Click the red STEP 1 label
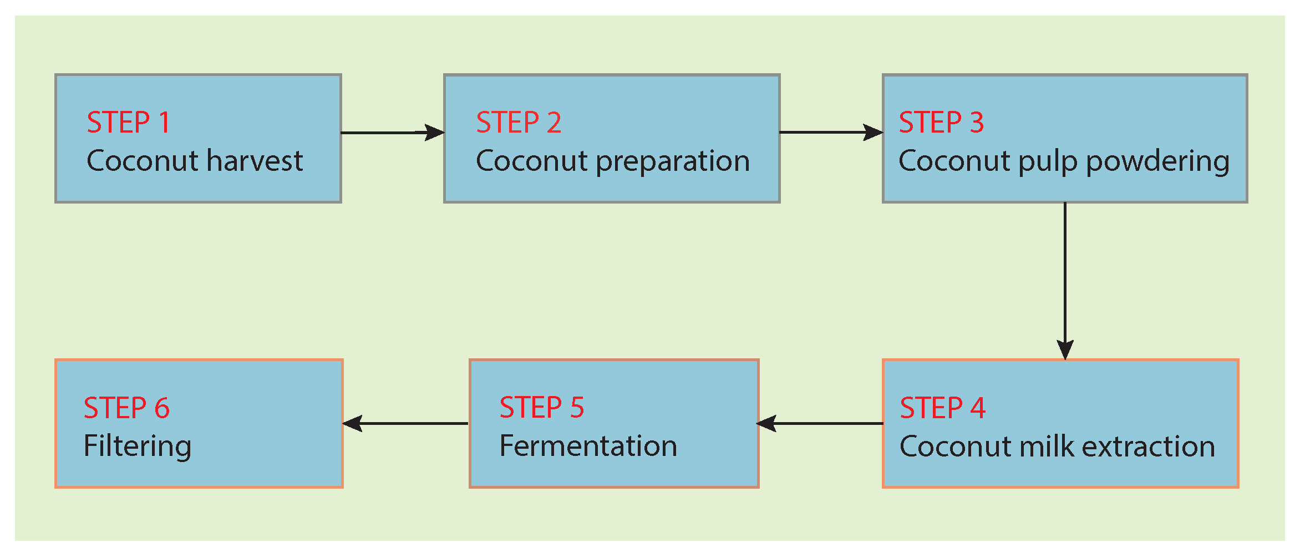click(128, 123)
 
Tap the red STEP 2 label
click(519, 123)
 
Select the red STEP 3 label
click(941, 123)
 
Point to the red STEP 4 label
click(942, 408)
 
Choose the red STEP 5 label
click(542, 408)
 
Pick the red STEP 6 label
click(126, 408)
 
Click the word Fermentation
click(588, 447)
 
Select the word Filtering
click(138, 447)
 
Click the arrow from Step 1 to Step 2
click(392, 133)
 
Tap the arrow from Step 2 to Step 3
click(830, 133)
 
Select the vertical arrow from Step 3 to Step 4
click(1065, 280)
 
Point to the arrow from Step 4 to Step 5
click(820, 424)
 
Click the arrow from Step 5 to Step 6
click(406, 424)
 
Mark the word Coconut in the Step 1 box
click(143, 161)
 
